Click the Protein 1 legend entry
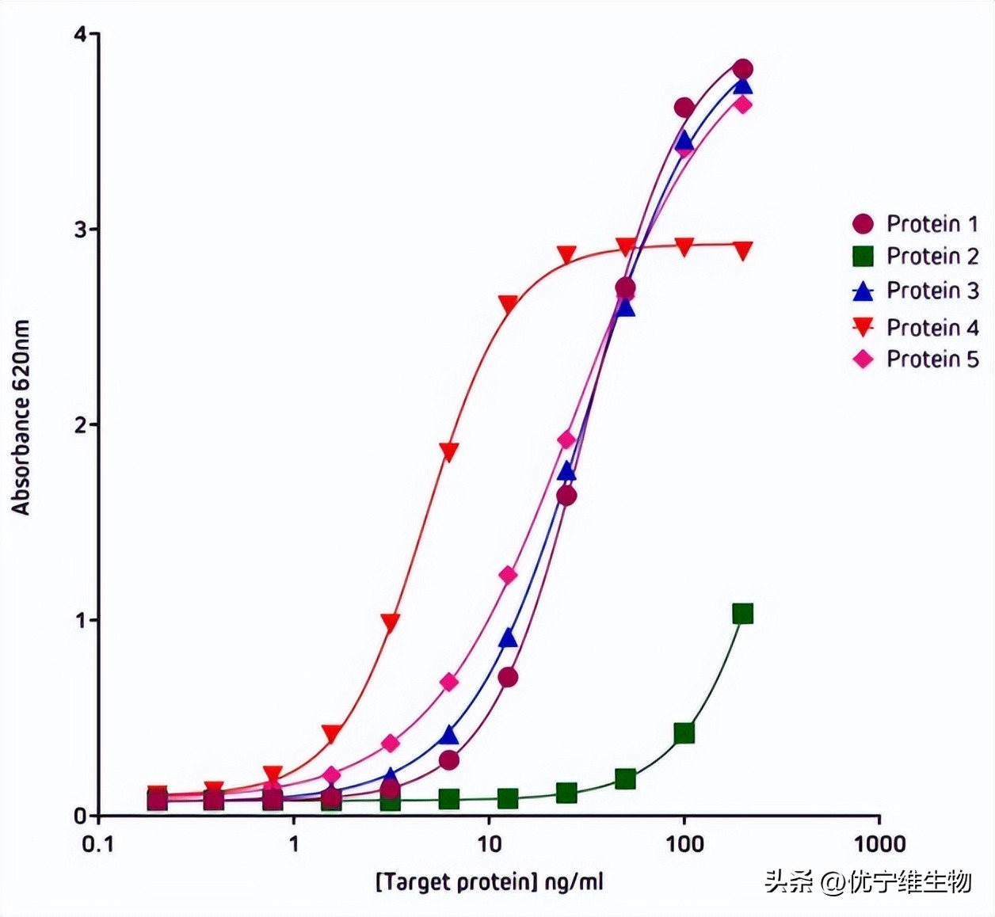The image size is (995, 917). coord(915,223)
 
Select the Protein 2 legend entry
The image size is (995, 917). coord(915,256)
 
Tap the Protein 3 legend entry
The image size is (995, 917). coord(915,291)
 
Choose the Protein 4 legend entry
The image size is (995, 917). coord(915,327)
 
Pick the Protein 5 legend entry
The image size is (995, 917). coord(915,359)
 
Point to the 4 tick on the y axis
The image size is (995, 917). coord(80,35)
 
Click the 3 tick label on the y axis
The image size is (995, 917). coord(80,230)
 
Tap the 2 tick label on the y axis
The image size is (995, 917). coord(80,425)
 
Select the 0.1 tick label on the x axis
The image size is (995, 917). coord(98,844)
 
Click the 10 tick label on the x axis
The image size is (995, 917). coord(489,844)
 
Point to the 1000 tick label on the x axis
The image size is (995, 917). coord(879,844)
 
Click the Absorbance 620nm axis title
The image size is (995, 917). coord(21,417)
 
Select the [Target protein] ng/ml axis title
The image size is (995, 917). coord(489,881)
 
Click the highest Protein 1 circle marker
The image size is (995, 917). coord(742,68)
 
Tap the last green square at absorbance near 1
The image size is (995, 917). coord(742,614)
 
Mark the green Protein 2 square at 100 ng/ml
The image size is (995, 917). coord(684,733)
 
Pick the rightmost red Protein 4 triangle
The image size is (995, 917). coord(742,251)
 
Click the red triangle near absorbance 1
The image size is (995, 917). coord(390,622)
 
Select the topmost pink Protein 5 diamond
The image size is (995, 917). coord(742,104)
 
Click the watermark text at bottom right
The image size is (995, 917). coord(867,881)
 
